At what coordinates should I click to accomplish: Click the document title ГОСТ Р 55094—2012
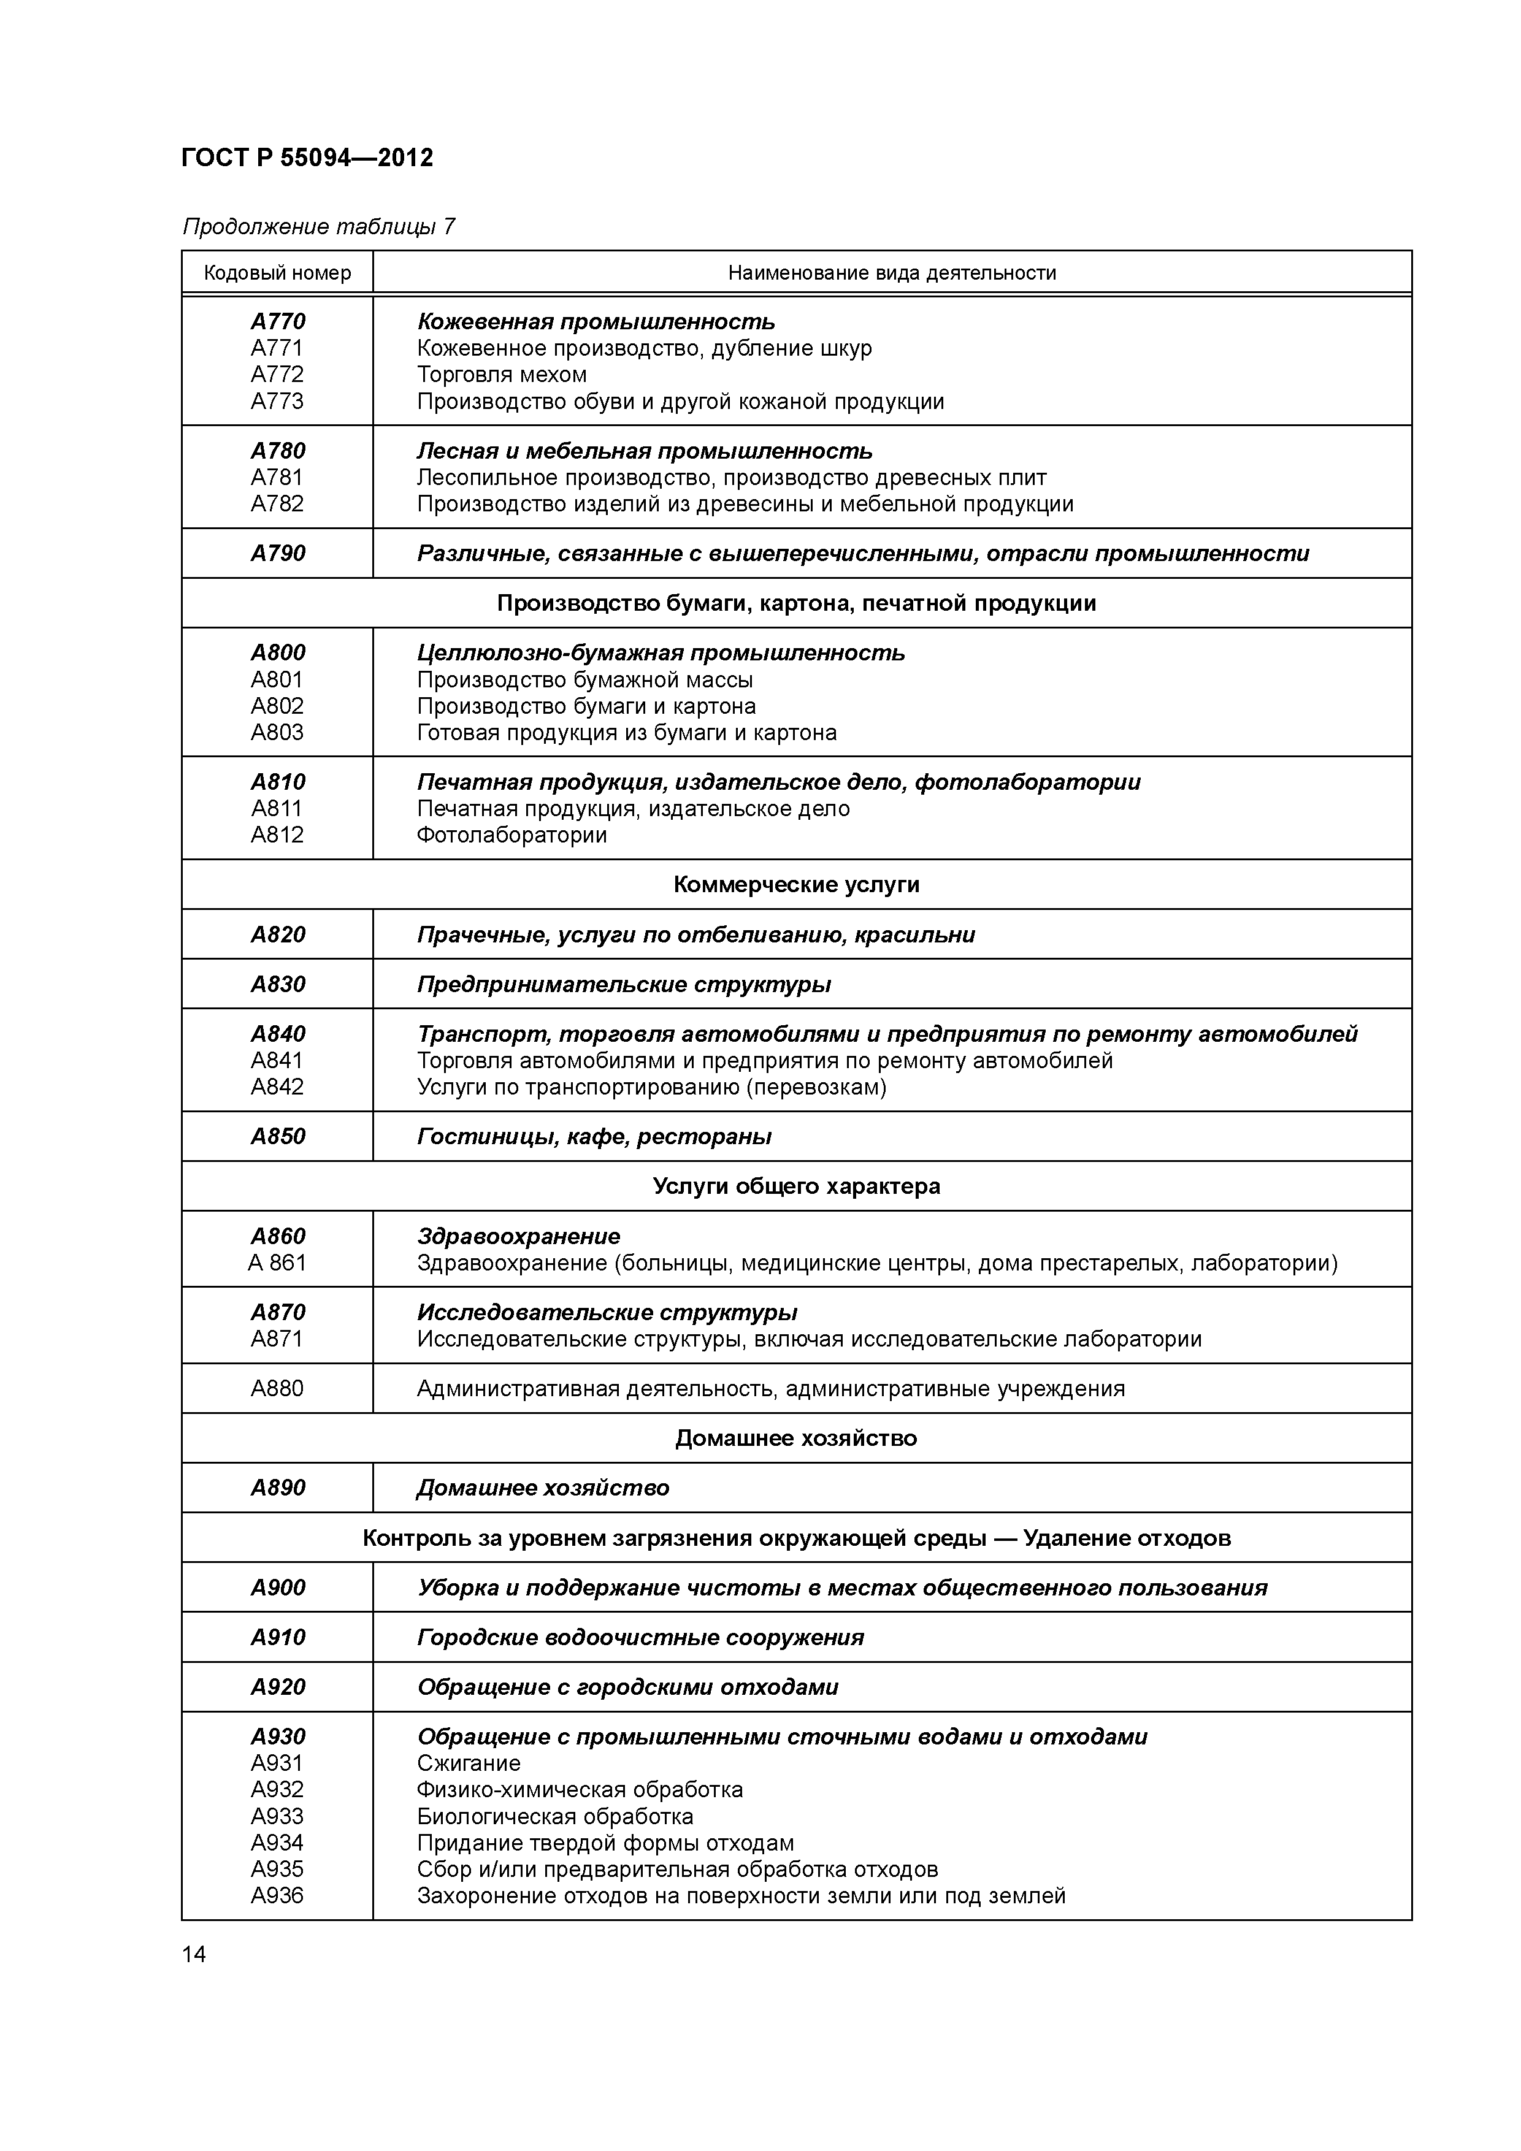pos(307,158)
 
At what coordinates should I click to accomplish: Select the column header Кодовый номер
pos(277,273)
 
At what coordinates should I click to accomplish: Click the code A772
pos(277,375)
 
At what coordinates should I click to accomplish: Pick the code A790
pos(277,554)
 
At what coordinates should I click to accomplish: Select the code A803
pos(277,733)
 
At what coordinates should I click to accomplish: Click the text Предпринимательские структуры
pos(624,985)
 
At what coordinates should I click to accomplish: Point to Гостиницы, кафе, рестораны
pos(594,1136)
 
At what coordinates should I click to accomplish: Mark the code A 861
pos(277,1263)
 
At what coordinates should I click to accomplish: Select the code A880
pos(277,1388)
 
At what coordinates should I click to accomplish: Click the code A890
pos(277,1488)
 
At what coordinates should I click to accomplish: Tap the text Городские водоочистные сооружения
pos(640,1638)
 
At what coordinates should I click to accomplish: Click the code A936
pos(277,1895)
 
